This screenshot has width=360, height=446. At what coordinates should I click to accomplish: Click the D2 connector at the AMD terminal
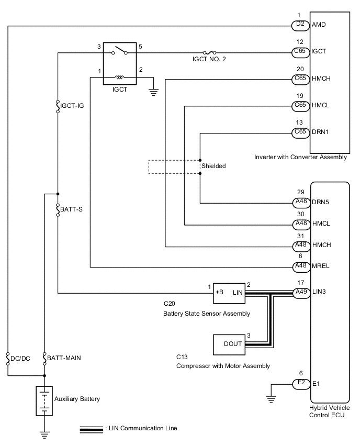pyautogui.click(x=300, y=25)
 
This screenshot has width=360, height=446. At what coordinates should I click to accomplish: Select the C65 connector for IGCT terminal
pyautogui.click(x=300, y=52)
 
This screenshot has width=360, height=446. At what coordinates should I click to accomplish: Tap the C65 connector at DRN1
pyautogui.click(x=300, y=132)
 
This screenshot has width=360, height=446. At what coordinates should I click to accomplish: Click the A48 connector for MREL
pyautogui.click(x=300, y=266)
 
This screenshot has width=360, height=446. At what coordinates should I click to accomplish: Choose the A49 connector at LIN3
pyautogui.click(x=300, y=292)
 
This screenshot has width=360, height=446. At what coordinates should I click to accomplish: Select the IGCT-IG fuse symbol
pyautogui.click(x=58, y=107)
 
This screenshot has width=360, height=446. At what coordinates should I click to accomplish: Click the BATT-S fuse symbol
pyautogui.click(x=58, y=209)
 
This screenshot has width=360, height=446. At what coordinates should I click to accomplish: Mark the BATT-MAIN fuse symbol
pyautogui.click(x=44, y=359)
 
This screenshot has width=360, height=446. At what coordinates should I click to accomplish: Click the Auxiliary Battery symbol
pyautogui.click(x=44, y=401)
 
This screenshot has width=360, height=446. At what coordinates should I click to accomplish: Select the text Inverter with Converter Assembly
pyautogui.click(x=300, y=157)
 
